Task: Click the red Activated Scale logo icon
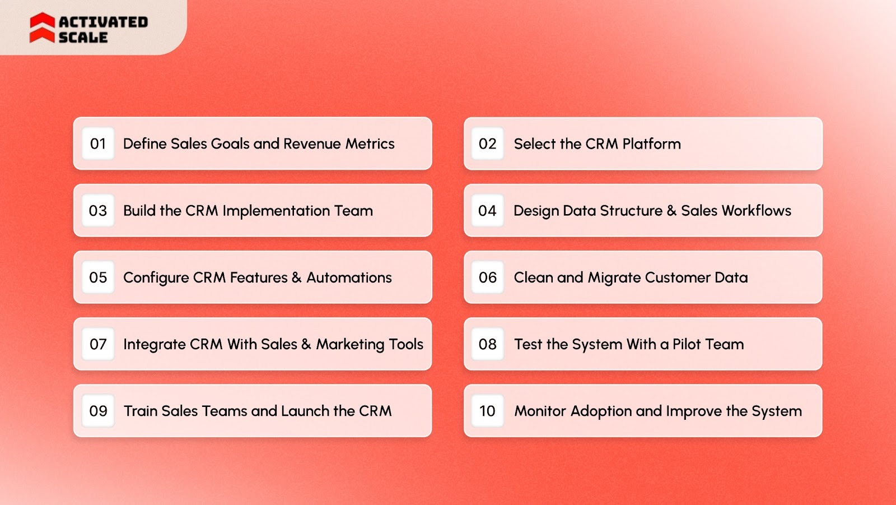pos(42,28)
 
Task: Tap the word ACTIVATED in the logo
pos(103,22)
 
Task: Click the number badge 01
pos(98,144)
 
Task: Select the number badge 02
pos(487,144)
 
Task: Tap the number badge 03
pos(98,211)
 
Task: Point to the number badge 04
pos(487,211)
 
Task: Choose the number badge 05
pos(98,277)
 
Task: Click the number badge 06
pos(487,277)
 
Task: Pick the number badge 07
pos(98,344)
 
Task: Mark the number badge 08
pos(487,344)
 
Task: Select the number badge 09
pos(98,411)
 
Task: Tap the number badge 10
pos(487,411)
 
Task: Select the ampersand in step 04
pos(671,211)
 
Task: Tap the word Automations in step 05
pos(349,277)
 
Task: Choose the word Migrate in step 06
pos(614,278)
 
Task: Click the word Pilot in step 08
pos(687,344)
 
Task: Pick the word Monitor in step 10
pos(540,411)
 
